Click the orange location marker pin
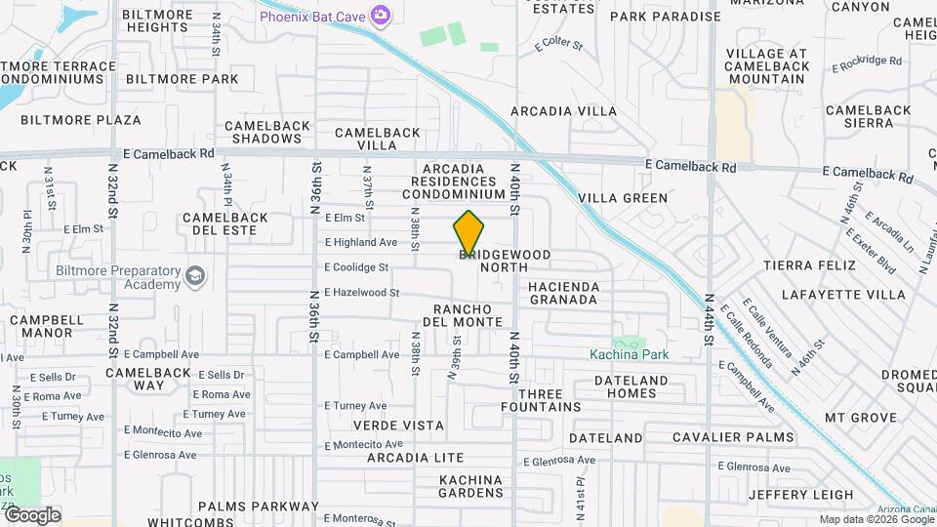[468, 232]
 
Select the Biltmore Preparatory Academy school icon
[195, 277]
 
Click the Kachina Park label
[630, 354]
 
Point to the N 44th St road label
[710, 320]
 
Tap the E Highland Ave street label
[361, 242]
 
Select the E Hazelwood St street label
[362, 292]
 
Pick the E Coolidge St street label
[356, 266]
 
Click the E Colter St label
[558, 45]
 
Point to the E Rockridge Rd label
[868, 62]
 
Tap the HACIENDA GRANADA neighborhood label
[562, 293]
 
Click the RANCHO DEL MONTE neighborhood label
[468, 315]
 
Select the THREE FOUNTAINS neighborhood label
[550, 400]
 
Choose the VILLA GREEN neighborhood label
[623, 198]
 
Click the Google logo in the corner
[31, 515]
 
